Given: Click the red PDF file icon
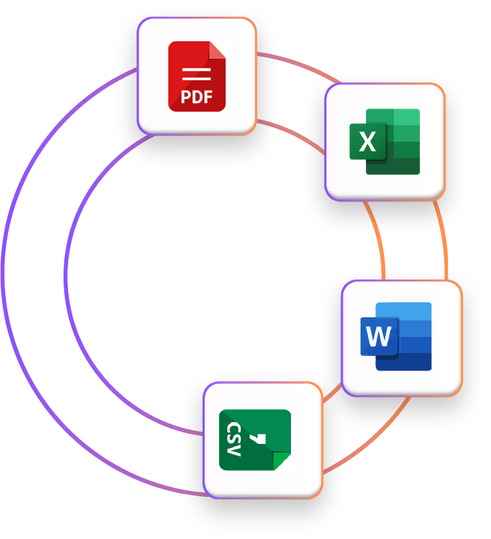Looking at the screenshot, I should click(x=197, y=76).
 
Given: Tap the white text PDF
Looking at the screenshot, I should click(x=197, y=98).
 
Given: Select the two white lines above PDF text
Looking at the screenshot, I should click(x=197, y=73).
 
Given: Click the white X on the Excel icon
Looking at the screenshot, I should click(x=367, y=142).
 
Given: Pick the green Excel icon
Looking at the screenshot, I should click(x=385, y=142).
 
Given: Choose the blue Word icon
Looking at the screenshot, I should click(x=397, y=336).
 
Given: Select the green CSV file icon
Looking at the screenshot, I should click(x=255, y=440).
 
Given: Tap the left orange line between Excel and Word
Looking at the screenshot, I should click(x=378, y=241).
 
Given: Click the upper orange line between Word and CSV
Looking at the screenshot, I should click(x=332, y=395).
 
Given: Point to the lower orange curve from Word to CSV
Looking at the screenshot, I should click(x=375, y=441).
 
